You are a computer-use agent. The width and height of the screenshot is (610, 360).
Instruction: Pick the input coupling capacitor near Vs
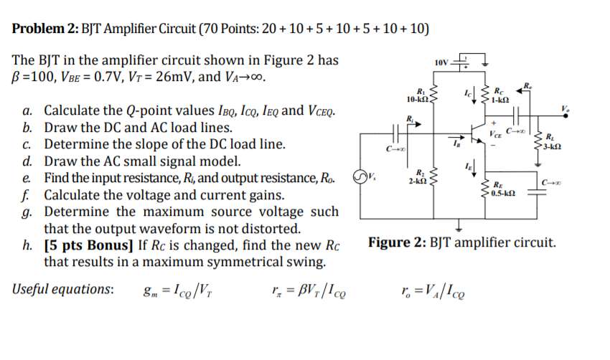394,133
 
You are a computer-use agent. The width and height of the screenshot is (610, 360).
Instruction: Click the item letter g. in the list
27,212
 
